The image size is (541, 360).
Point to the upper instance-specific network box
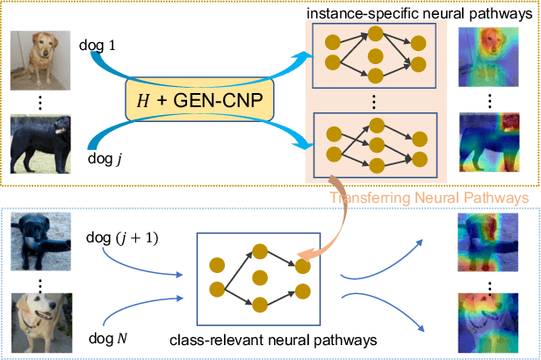pyautogui.click(x=375, y=55)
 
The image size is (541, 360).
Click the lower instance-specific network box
pyautogui.click(x=375, y=143)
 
